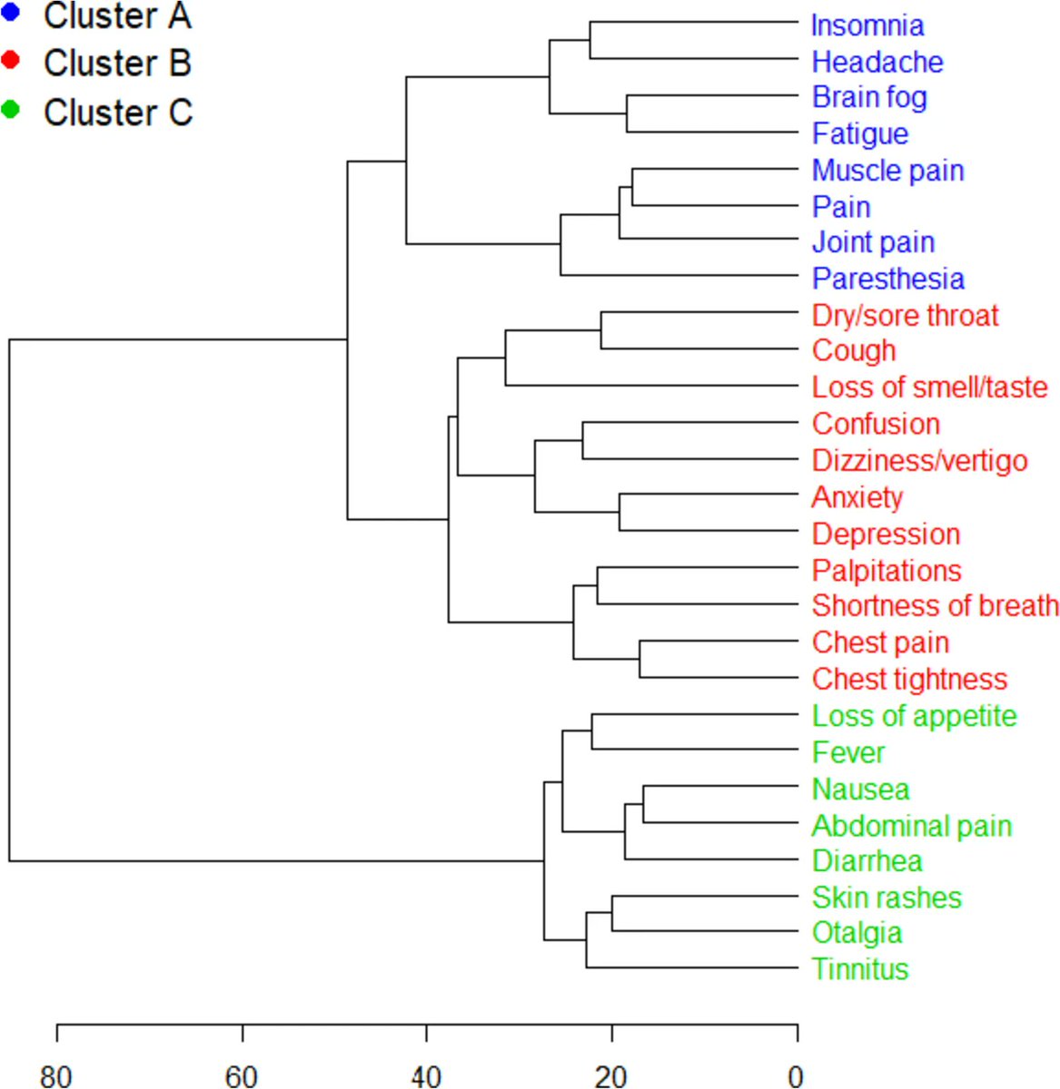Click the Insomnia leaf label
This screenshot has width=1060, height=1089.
[867, 25]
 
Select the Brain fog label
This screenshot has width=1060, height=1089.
[869, 97]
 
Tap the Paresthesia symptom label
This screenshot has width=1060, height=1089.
[887, 279]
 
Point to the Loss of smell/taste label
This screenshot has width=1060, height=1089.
[929, 388]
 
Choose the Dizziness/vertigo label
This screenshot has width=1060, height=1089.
[919, 460]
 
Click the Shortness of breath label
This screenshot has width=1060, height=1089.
[935, 605]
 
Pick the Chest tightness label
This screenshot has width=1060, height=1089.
[909, 679]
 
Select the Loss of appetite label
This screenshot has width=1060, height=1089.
[914, 716]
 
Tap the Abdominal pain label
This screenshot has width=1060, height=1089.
[911, 826]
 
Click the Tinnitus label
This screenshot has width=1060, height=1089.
[860, 969]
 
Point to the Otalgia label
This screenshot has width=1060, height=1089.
[857, 933]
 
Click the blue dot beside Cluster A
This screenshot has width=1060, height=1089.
[11, 13]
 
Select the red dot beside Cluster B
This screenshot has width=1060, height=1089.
[11, 61]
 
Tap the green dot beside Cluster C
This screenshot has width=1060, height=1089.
[11, 110]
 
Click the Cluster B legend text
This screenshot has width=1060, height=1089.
[117, 64]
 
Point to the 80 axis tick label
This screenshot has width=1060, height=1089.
[56, 1076]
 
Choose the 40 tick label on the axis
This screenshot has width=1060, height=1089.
[426, 1076]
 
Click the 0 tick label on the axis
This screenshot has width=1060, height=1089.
[797, 1076]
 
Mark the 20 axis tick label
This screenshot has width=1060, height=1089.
[611, 1076]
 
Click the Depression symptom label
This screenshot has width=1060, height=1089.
[886, 534]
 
